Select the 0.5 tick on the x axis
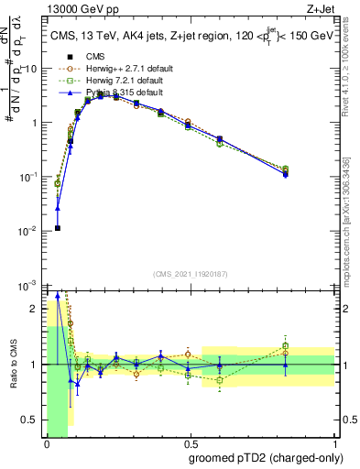(191, 442)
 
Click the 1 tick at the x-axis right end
(334, 442)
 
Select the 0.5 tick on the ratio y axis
(33, 420)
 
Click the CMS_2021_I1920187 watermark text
(191, 273)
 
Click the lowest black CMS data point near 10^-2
(58, 228)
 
